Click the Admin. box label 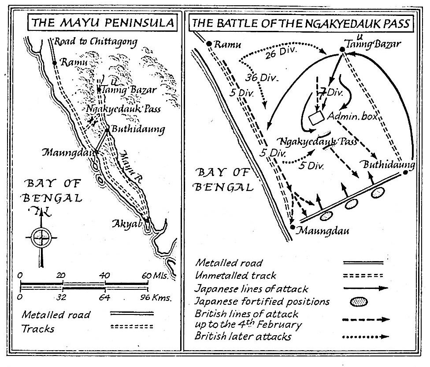tap(351, 116)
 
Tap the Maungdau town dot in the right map tap(293, 227)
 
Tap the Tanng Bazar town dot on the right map tap(342, 50)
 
